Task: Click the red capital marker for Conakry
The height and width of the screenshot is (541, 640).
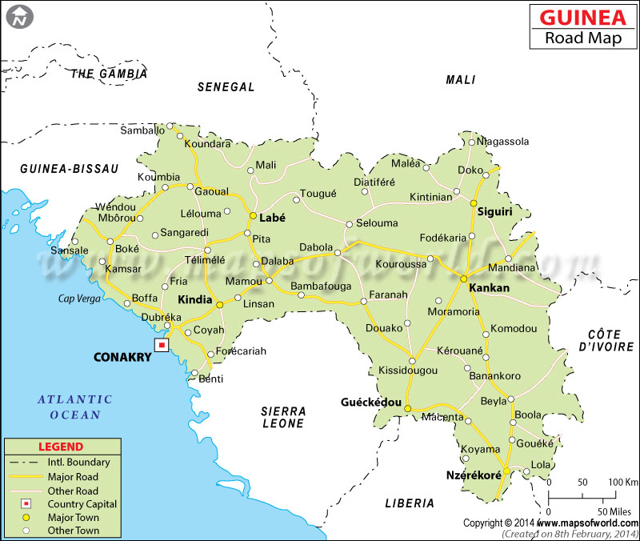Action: click(x=162, y=345)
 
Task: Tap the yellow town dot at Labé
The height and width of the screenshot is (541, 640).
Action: click(x=253, y=216)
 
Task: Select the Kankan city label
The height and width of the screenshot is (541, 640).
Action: click(x=489, y=287)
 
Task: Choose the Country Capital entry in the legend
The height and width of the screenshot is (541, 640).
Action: click(x=82, y=503)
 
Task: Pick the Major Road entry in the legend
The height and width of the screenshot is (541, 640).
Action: click(x=73, y=476)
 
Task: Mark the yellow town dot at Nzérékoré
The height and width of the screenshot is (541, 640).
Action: click(x=506, y=471)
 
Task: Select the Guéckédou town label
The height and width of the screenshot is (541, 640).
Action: click(x=370, y=402)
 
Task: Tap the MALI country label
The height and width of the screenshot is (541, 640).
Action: click(x=461, y=80)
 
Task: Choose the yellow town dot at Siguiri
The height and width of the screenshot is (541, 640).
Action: click(x=474, y=202)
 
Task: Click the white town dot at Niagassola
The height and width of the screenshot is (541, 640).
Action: click(x=472, y=142)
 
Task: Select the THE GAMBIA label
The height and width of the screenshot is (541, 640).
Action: click(x=109, y=74)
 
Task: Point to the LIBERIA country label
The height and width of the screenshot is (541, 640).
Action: click(x=408, y=503)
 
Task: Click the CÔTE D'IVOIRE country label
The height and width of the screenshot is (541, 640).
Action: click(x=605, y=339)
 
